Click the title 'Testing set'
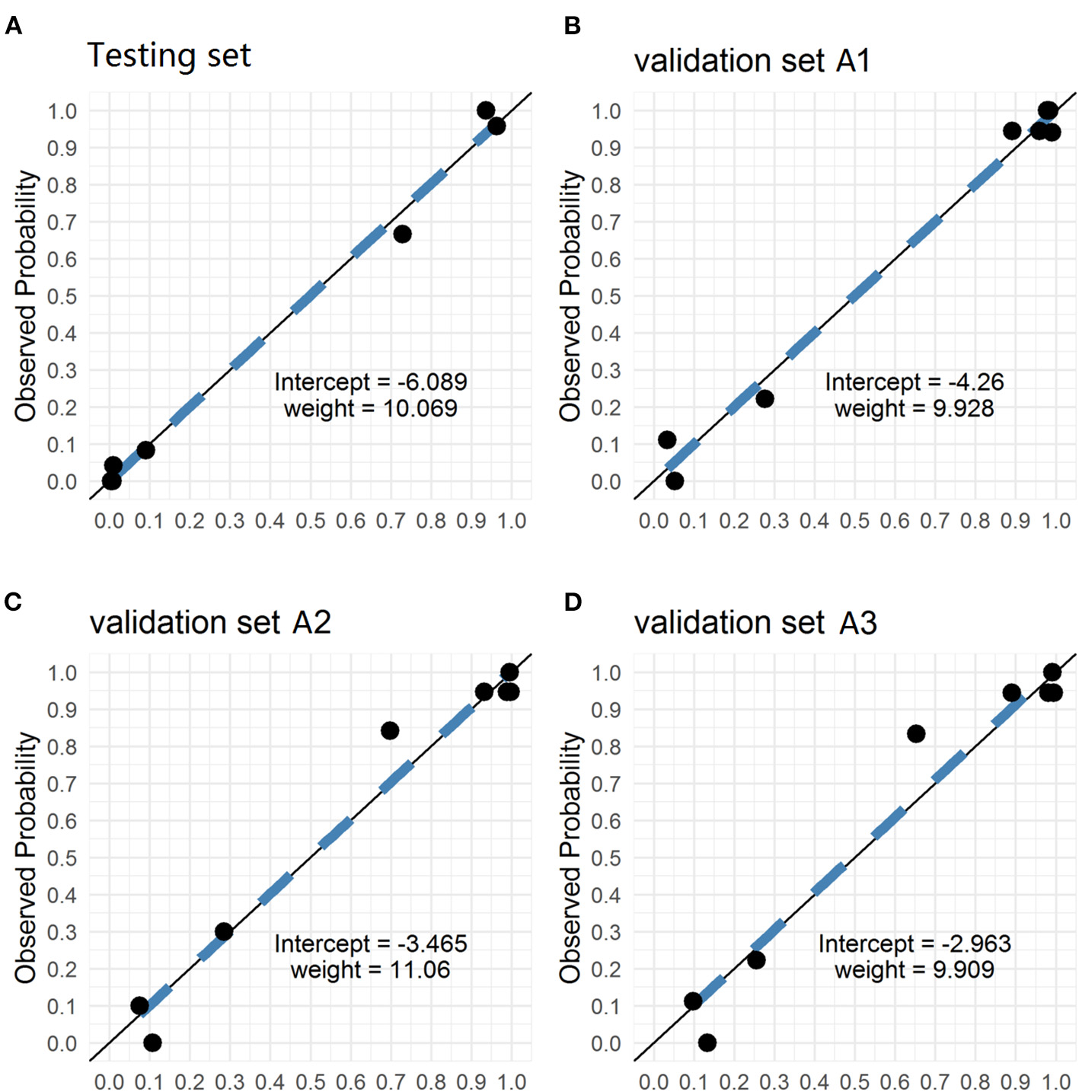click(169, 56)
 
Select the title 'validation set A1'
click(752, 61)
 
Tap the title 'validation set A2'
click(210, 622)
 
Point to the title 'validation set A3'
click(755, 623)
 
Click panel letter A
click(13, 27)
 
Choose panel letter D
click(573, 602)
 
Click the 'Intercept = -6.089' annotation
click(370, 382)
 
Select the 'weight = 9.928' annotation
click(914, 408)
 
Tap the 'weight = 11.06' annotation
click(370, 969)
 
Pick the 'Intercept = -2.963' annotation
click(914, 944)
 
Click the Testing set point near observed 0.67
click(402, 234)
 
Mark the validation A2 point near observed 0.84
click(389, 730)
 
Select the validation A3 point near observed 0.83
click(916, 733)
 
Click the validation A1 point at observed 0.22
click(765, 398)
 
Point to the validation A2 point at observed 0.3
click(223, 931)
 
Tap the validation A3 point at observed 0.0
click(707, 1043)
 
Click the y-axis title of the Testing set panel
click(26, 295)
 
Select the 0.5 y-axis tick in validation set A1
click(606, 296)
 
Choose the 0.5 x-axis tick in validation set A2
click(310, 1081)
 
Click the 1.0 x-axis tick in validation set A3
click(1056, 1081)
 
